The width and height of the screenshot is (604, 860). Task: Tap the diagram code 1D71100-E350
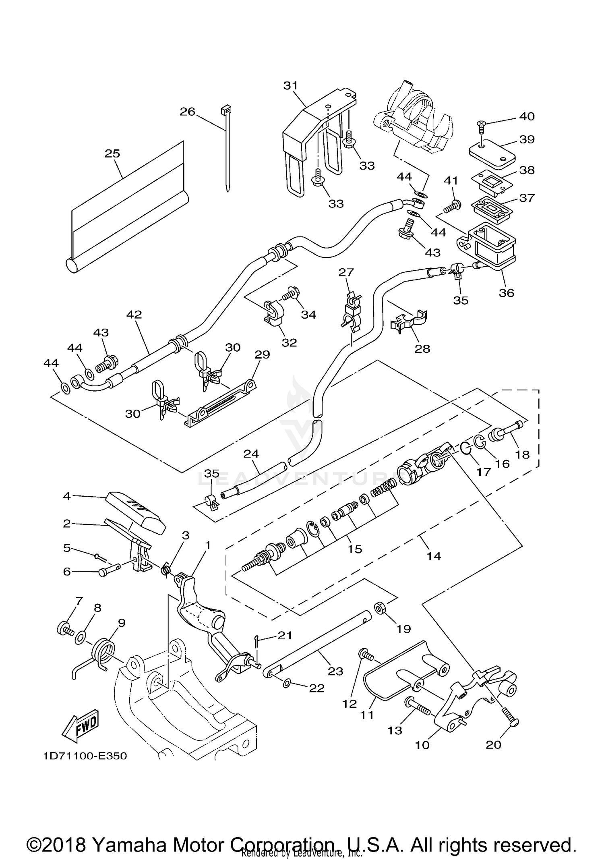click(x=85, y=756)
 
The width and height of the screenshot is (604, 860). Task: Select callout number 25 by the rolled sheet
click(x=112, y=153)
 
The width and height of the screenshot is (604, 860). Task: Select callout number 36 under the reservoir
click(x=506, y=293)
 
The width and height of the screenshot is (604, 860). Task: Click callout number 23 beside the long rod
click(x=335, y=671)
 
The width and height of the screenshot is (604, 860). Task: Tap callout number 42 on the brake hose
click(x=134, y=315)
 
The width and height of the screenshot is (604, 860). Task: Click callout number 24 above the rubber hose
click(x=251, y=454)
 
